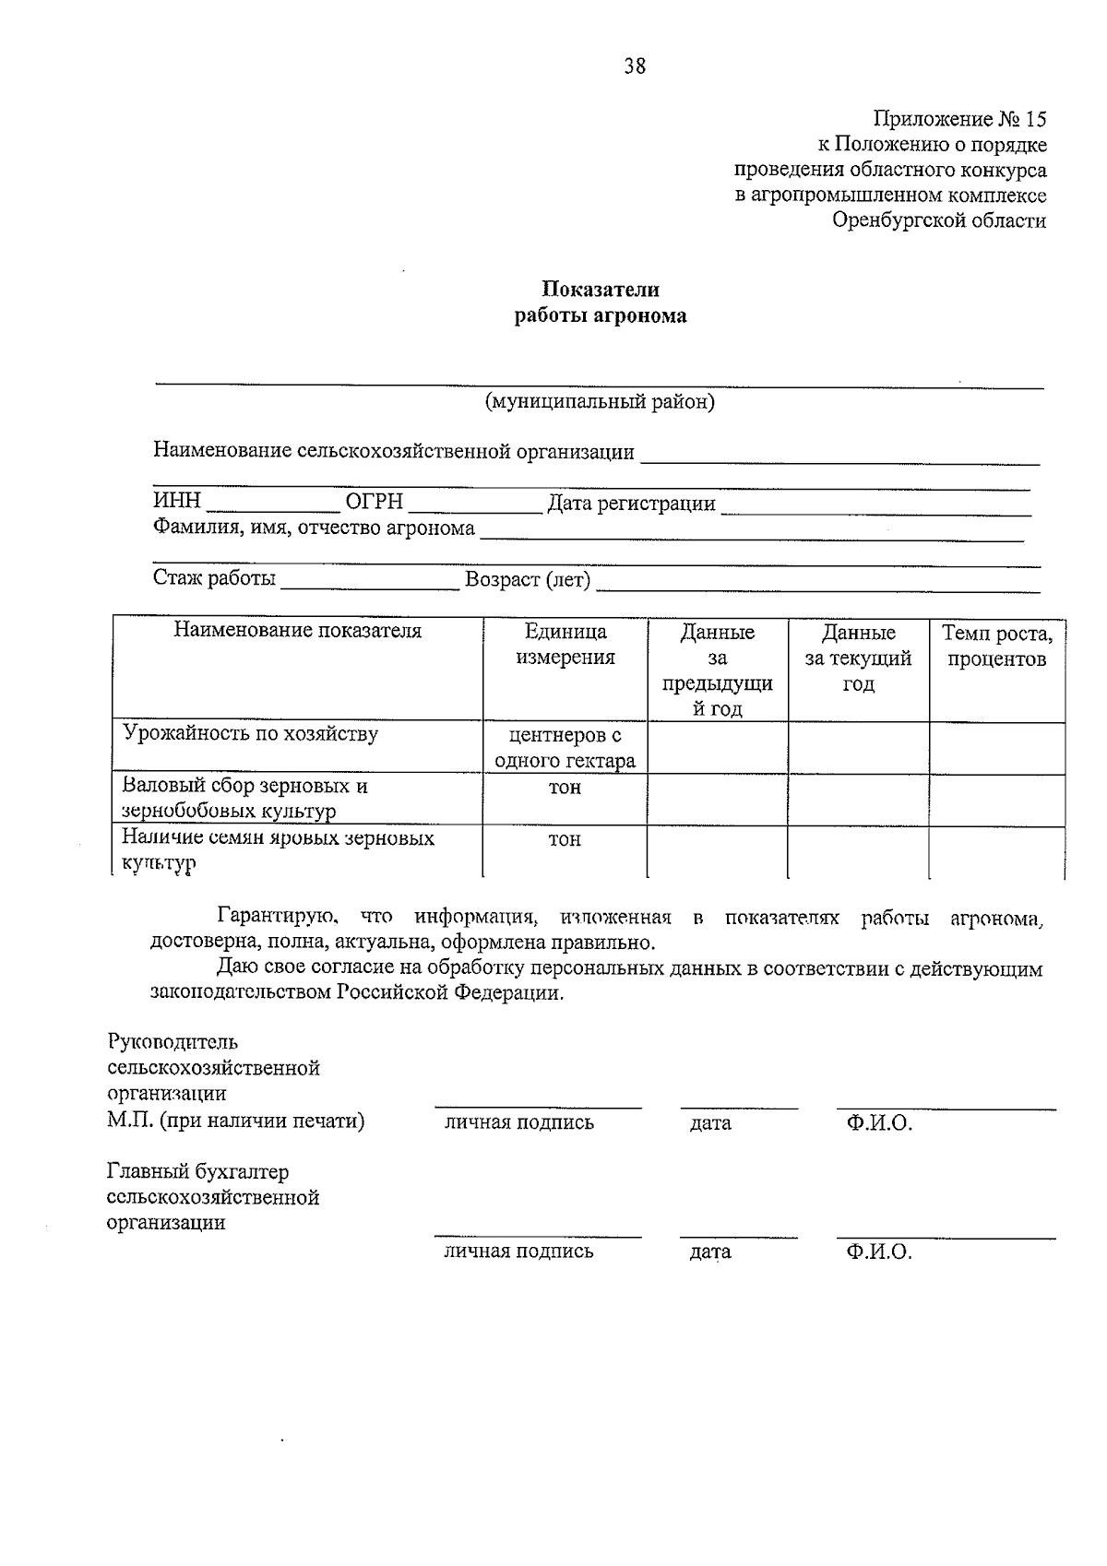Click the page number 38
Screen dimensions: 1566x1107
tap(635, 66)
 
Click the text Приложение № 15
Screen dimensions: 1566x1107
tap(959, 119)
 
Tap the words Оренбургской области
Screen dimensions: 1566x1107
tap(938, 220)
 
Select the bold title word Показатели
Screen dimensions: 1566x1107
tap(600, 290)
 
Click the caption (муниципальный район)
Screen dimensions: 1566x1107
tap(600, 402)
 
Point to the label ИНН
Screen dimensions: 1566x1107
tap(176, 502)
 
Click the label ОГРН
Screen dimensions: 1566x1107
tap(374, 502)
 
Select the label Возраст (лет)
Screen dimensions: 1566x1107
tap(528, 580)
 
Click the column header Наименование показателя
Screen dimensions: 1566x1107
tap(297, 631)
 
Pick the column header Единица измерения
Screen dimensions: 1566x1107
tap(565, 645)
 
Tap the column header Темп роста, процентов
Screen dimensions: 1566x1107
tap(996, 646)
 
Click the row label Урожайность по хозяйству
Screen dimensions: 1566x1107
tap(251, 734)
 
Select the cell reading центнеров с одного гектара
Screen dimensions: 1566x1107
tap(565, 748)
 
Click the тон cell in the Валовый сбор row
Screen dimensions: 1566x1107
tap(565, 789)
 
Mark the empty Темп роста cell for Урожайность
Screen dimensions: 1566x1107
tap(996, 748)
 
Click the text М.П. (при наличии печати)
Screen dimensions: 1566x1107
tap(236, 1121)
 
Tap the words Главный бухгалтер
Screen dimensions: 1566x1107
tap(197, 1172)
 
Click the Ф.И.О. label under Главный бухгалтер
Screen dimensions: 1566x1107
tap(878, 1252)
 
